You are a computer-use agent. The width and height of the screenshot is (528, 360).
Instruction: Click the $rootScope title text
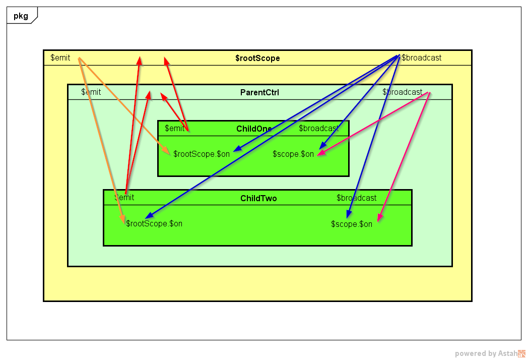point(257,58)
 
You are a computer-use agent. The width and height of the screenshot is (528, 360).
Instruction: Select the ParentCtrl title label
point(259,92)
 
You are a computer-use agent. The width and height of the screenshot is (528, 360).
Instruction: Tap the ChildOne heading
point(254,129)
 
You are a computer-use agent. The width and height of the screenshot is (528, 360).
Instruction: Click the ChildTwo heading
point(258,199)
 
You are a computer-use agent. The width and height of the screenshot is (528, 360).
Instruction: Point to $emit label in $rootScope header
point(60,57)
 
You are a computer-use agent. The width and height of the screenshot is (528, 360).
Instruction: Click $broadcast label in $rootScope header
point(422,57)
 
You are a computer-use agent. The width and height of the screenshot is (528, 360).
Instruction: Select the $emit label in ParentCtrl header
point(91,92)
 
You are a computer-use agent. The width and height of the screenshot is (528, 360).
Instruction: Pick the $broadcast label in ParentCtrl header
point(402,92)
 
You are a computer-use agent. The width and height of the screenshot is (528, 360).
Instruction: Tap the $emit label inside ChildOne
point(175,128)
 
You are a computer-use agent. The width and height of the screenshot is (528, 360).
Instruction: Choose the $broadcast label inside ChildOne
point(318,128)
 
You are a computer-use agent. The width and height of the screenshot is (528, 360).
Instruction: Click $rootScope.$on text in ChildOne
point(202,154)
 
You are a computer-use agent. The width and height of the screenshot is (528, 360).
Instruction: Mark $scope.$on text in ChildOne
point(293,154)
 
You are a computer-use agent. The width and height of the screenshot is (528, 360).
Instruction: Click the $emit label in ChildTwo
point(124,198)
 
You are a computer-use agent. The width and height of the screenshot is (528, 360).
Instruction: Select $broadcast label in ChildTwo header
point(356,198)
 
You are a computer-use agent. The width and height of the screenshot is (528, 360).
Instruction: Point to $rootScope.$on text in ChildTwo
point(154,223)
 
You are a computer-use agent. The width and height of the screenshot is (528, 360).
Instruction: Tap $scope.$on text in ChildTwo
point(352,224)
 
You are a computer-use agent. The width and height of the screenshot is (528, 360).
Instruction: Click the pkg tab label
point(21,16)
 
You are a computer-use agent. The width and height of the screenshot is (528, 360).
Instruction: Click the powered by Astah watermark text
point(486,353)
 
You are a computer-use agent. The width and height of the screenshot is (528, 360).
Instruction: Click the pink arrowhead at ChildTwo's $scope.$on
point(380,217)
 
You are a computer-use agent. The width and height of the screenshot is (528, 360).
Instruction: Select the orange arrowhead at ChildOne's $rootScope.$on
point(167,151)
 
